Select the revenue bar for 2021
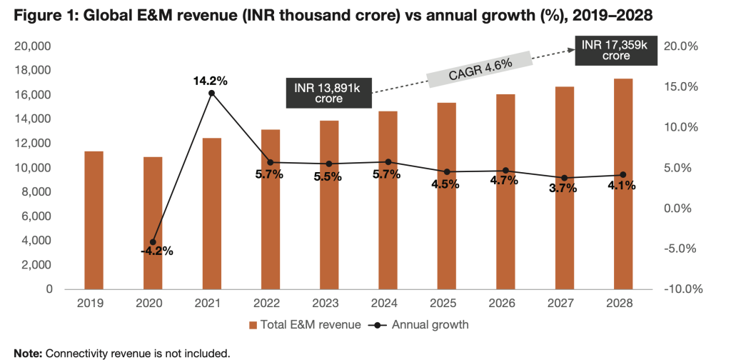(212, 214)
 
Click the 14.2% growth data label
(212, 80)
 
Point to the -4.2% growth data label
(152, 251)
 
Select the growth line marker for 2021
(212, 93)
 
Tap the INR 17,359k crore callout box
(615, 50)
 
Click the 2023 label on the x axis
(329, 304)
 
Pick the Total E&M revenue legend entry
(303, 325)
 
